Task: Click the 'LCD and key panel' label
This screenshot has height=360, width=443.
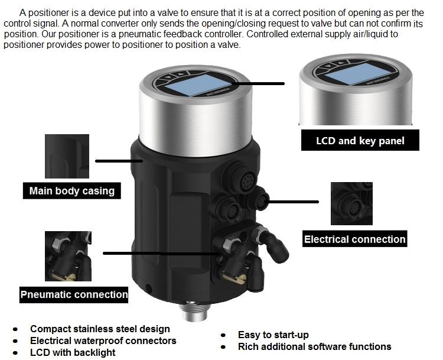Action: click(x=360, y=141)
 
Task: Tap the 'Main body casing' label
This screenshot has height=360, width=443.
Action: click(x=72, y=191)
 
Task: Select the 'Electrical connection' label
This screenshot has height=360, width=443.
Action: click(x=354, y=239)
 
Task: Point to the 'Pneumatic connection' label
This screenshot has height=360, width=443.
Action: click(x=74, y=294)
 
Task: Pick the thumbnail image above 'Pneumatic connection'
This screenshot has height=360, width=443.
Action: click(x=67, y=255)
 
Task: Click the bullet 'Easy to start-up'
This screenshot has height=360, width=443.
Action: click(x=273, y=335)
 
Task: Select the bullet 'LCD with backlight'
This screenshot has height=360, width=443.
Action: click(x=73, y=352)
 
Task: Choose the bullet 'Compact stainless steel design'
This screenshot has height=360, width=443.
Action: click(x=100, y=329)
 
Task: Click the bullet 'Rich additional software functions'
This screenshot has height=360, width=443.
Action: click(x=314, y=346)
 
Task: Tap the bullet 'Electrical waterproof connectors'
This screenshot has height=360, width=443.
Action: click(x=103, y=340)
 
